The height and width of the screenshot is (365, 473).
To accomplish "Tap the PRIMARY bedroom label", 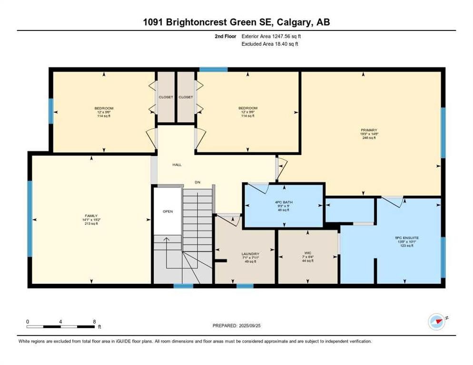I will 369,130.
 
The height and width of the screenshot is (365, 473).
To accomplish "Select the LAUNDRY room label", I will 250,254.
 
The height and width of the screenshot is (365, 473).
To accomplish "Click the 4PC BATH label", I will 284,202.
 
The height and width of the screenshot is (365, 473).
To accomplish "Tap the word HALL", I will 177,165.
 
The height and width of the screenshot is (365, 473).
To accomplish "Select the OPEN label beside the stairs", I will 168,211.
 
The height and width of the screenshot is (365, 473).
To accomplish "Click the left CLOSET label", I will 166,97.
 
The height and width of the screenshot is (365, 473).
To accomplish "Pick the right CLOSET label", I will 186,97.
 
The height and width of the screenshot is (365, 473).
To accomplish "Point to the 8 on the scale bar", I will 94,321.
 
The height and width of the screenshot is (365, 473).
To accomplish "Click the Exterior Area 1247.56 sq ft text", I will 272,36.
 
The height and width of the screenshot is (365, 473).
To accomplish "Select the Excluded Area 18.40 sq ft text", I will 270,44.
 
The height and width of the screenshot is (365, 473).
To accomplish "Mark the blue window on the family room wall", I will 30,219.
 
